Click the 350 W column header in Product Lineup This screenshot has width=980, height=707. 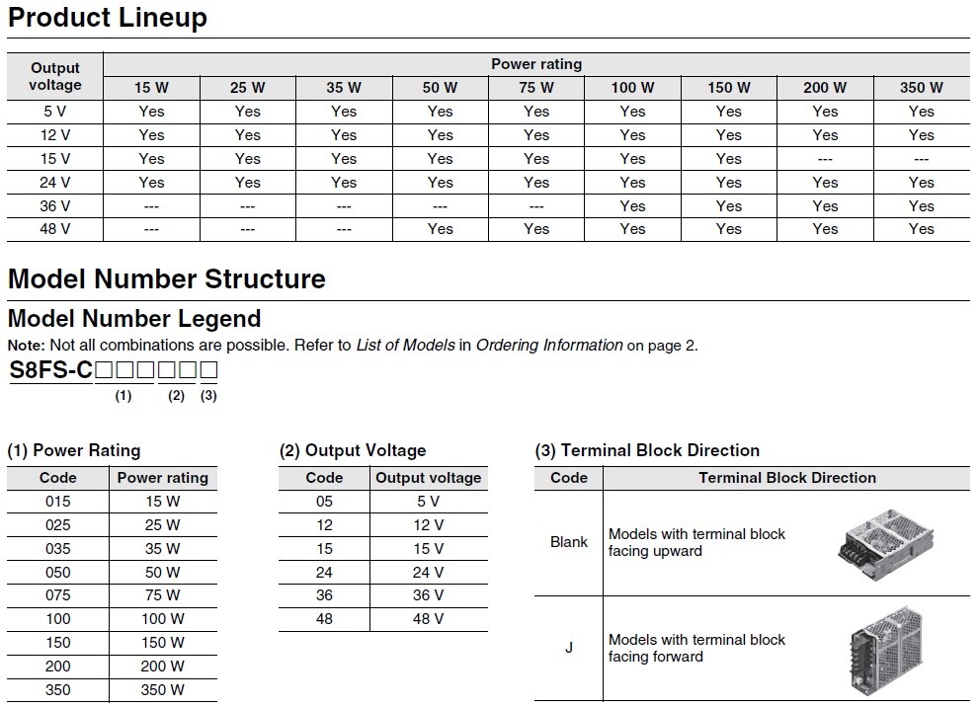pos(921,87)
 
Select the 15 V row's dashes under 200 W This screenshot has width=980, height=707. pos(825,159)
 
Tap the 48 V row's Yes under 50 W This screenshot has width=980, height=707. pos(440,228)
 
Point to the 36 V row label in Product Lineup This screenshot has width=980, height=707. pos(55,205)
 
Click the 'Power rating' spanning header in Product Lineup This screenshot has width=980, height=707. pos(536,64)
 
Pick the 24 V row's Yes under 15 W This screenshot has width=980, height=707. pos(151,182)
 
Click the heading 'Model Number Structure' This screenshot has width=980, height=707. pos(166,278)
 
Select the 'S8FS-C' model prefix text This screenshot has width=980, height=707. pos(51,371)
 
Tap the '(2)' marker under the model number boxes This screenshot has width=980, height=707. pos(176,396)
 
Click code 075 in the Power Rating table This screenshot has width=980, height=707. pos(58,595)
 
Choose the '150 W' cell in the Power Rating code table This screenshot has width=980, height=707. pos(163,643)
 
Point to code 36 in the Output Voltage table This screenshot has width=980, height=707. pos(324,595)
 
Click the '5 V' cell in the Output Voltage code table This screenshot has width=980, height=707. pos(428,501)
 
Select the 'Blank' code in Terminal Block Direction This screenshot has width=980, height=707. pos(568,542)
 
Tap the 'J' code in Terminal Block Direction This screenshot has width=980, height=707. pos(568,649)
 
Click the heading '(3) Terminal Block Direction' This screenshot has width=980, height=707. pos(647,450)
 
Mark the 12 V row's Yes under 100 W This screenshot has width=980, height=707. pos(632,135)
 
